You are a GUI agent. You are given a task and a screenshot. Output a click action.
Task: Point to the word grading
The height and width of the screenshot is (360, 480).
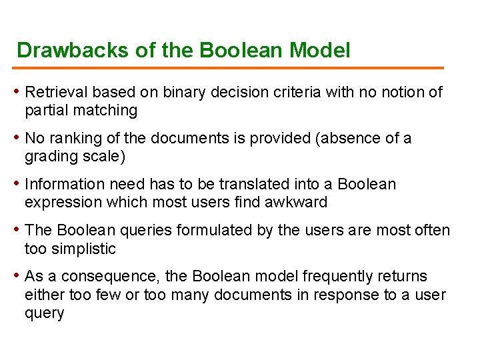(49, 157)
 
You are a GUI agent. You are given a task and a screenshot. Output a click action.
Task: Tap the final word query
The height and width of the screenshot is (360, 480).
(44, 313)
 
